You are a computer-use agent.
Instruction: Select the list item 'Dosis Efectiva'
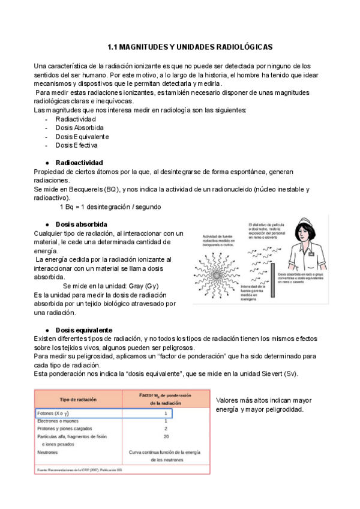pos(77,145)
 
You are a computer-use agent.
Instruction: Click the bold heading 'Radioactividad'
pos(79,163)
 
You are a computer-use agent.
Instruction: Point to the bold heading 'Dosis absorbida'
pos(81,224)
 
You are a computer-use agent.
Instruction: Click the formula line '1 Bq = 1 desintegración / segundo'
pos(110,206)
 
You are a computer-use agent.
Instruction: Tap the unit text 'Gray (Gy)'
pos(143,286)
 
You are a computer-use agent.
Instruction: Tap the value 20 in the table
pos(166,437)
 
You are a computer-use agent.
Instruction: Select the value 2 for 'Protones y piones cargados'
pos(166,429)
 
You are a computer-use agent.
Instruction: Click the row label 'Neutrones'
pos(47,452)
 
